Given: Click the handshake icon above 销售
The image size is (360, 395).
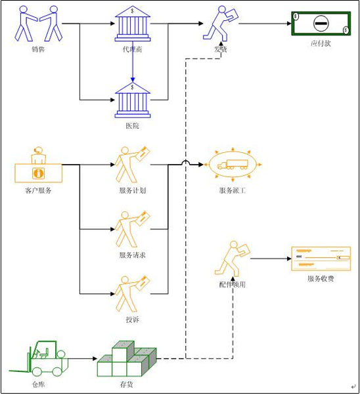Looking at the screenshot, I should click(39, 24).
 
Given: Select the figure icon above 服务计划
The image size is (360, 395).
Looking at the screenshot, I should click(132, 164).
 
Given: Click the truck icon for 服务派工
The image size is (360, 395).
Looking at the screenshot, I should click(235, 165).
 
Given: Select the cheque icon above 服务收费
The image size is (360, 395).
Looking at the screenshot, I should click(320, 259).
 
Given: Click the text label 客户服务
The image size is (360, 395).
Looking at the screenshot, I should click(37, 191).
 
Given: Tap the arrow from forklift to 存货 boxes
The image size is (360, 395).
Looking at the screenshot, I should click(83, 359).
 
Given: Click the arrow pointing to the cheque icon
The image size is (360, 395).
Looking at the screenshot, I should click(269, 258).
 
